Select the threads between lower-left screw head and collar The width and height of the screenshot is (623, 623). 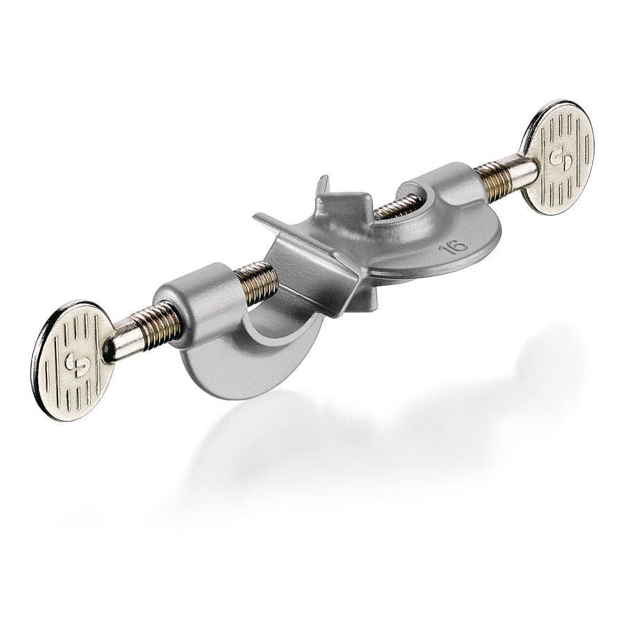pyautogui.click(x=157, y=324)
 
